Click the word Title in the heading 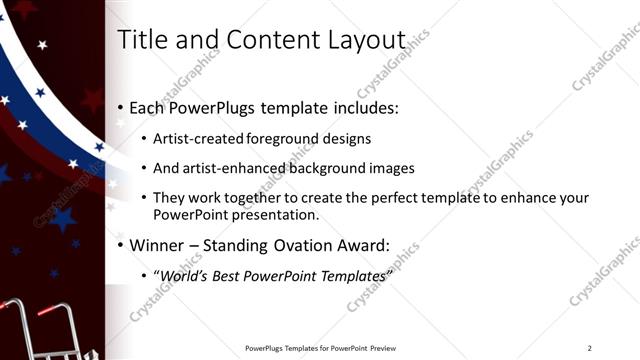[x=139, y=39]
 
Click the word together [x=259, y=199]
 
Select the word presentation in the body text [x=270, y=215]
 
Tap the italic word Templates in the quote [x=350, y=275]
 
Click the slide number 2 [x=590, y=347]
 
